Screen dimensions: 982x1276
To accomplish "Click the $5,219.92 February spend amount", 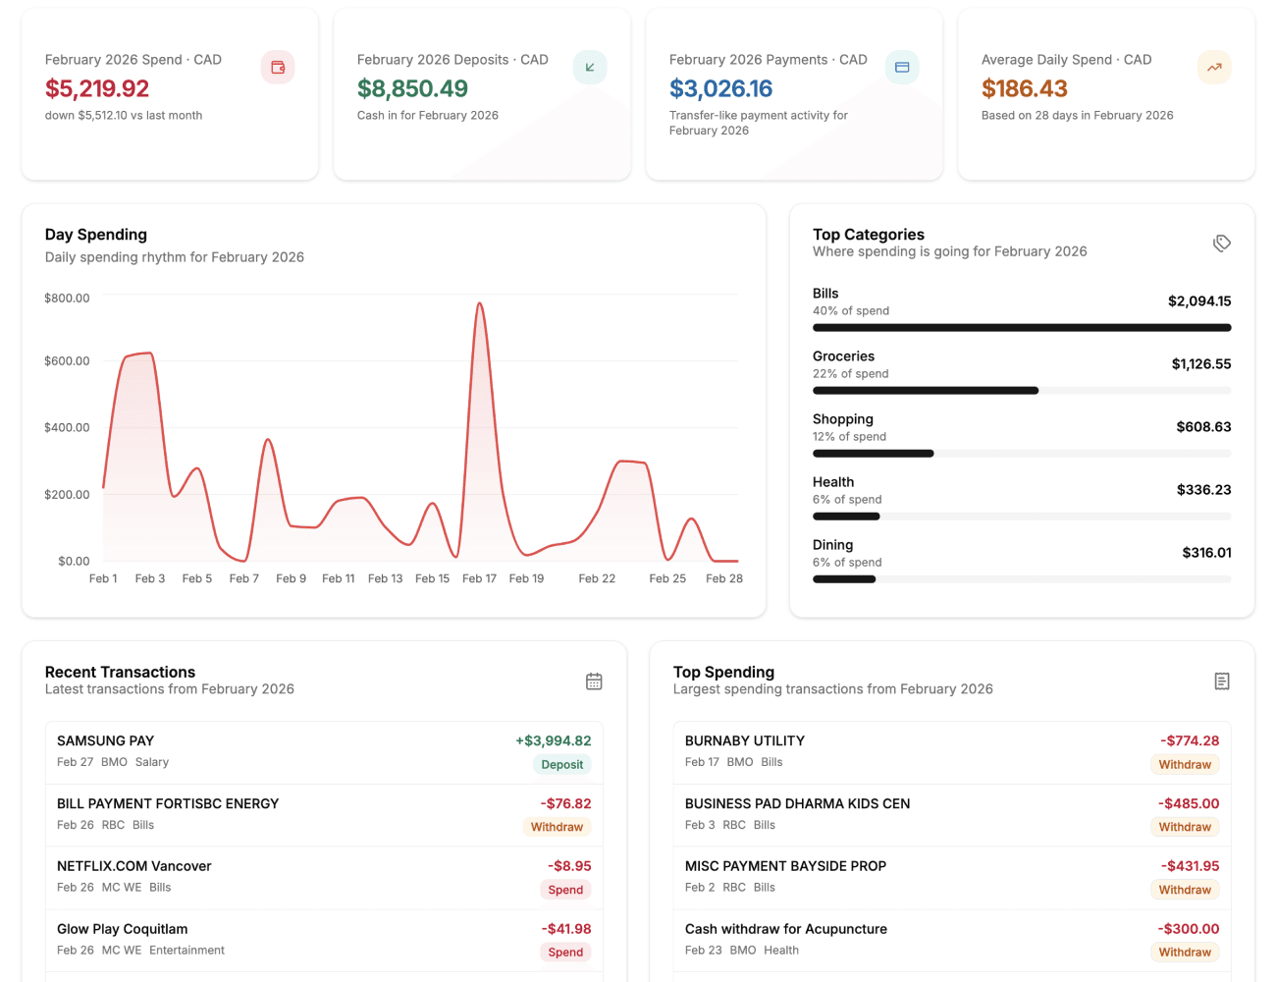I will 97,88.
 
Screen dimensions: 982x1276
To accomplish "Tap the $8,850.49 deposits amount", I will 412,88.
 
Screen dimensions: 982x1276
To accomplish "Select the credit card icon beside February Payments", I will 902,67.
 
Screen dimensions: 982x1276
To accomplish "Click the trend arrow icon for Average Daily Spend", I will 1214,67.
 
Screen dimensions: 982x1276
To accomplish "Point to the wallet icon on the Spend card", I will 278,67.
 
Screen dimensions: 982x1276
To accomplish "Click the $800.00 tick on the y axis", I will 67,298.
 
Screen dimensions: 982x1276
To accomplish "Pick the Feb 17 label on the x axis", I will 479,578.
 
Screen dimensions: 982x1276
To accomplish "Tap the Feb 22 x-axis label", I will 597,578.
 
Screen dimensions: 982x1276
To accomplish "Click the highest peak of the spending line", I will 480,303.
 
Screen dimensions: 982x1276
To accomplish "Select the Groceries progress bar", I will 1022,391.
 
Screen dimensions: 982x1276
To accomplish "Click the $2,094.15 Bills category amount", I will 1198,301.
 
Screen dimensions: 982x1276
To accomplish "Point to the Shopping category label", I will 842,419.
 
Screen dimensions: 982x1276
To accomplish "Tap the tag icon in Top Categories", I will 1222,243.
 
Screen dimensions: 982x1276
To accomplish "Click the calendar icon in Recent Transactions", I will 594,681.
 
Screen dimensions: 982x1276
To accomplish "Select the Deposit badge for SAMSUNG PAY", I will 562,764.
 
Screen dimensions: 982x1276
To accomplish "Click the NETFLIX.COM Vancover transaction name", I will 134,866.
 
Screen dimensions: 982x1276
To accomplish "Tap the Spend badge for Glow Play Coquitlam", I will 565,952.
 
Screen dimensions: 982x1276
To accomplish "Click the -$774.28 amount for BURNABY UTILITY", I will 1190,740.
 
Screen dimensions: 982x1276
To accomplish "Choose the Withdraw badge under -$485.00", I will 1185,827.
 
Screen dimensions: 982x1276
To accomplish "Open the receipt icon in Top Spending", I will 1222,681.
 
